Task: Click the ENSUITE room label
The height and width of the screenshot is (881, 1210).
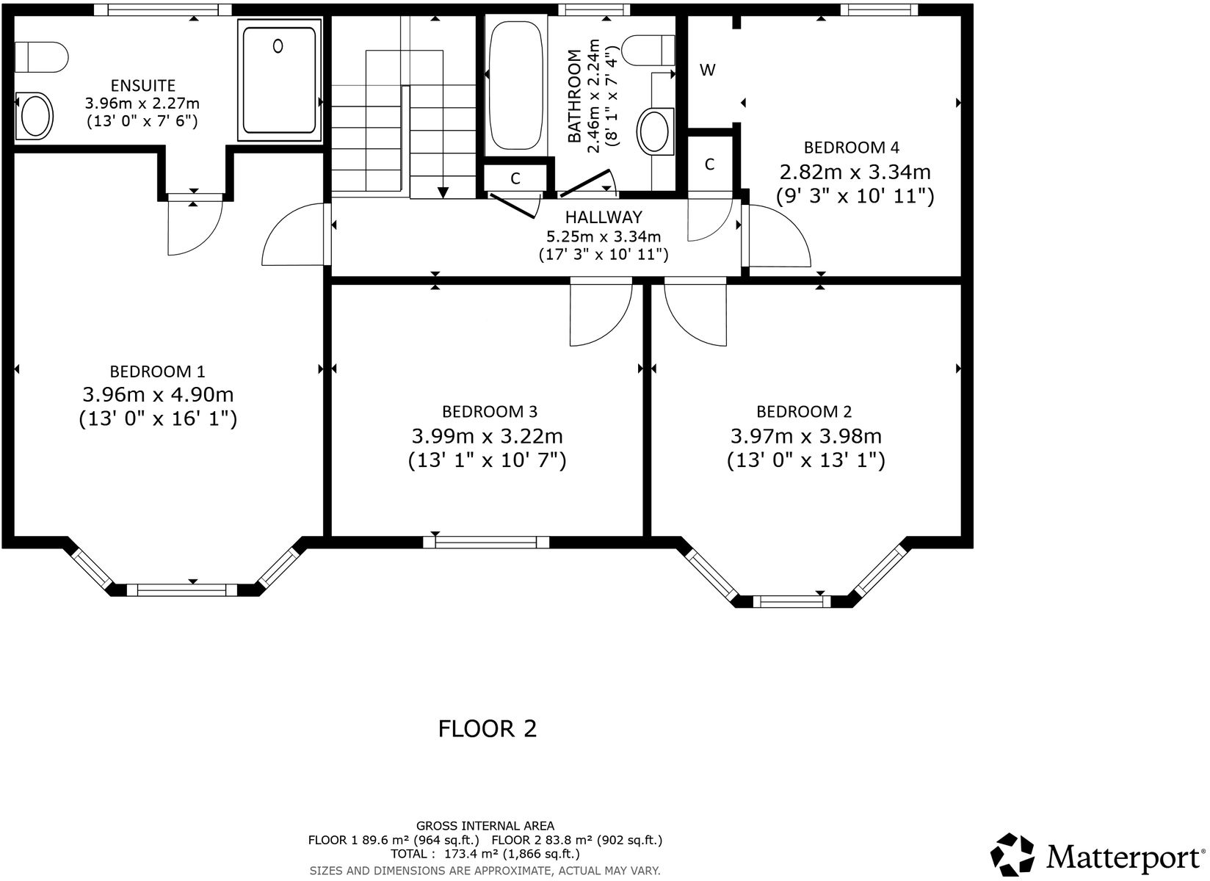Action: point(142,86)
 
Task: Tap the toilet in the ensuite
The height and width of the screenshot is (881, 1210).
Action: point(41,56)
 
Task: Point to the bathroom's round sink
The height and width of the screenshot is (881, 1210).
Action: point(653,131)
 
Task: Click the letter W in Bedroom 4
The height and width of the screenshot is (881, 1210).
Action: point(707,70)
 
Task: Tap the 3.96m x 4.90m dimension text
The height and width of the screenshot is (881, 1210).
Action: point(158,395)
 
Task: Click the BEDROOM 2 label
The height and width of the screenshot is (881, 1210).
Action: point(804,411)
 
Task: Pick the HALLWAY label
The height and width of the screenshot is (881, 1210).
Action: point(603,217)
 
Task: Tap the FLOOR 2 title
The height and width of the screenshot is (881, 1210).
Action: point(488,729)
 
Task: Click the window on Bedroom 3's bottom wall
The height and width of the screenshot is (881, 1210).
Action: point(486,543)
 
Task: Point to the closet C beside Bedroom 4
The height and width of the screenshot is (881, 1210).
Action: point(709,164)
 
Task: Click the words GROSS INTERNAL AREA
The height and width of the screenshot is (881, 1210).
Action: point(485,826)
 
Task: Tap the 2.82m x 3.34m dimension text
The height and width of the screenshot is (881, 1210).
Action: point(855,173)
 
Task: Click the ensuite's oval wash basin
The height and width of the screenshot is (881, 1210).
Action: point(35,116)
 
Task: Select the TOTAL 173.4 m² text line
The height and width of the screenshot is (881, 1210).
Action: point(485,854)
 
